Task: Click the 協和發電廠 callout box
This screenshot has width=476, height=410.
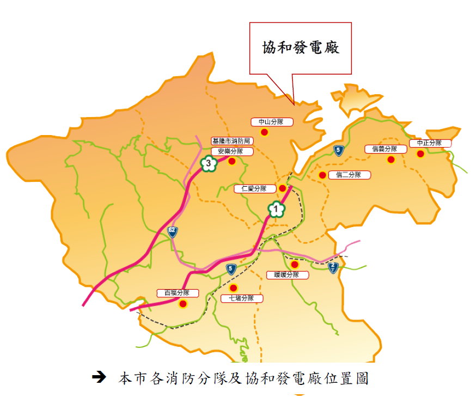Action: [300, 48]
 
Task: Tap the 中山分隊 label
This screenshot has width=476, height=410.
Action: [272, 122]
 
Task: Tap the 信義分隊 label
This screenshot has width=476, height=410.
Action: [386, 149]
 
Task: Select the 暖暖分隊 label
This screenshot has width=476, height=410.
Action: [288, 275]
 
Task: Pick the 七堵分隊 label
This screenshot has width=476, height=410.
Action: [242, 298]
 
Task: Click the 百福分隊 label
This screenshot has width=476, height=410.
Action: [178, 293]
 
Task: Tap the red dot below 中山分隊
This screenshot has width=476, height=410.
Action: [264, 132]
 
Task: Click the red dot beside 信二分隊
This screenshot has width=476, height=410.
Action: [322, 175]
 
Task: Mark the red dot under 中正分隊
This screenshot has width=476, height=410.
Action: [420, 154]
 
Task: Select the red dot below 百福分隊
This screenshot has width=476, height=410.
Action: [184, 304]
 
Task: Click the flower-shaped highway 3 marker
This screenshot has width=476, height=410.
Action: [208, 163]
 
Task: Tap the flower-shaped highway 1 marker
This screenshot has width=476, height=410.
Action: [277, 209]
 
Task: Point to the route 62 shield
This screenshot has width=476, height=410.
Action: [172, 232]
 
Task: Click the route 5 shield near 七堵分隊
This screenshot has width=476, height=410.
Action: [231, 268]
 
